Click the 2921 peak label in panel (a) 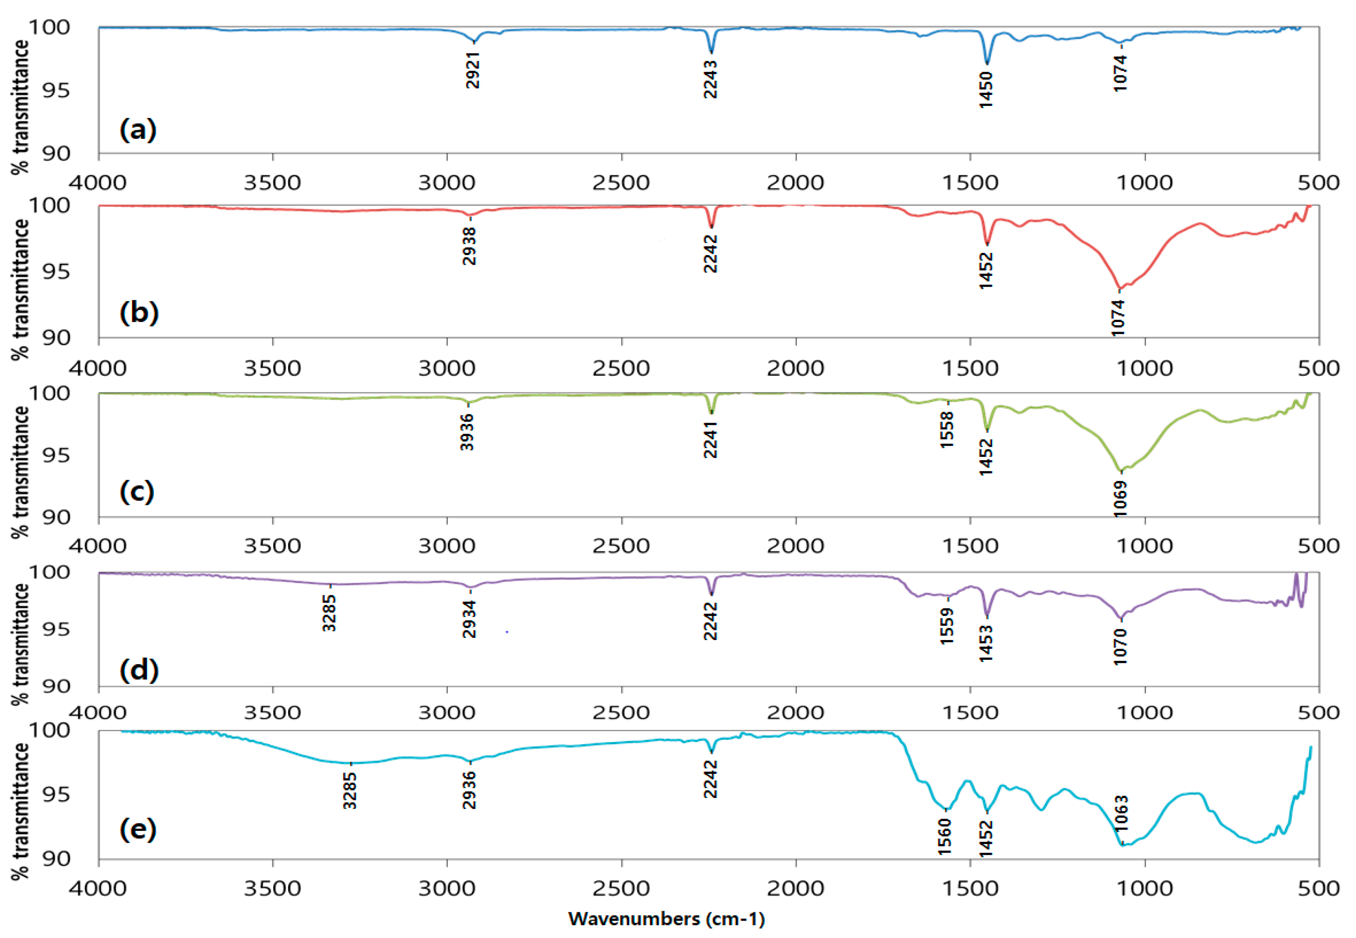(473, 70)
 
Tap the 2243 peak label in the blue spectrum (710, 79)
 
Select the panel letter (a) (138, 129)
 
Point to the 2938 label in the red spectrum (469, 246)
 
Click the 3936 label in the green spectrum (467, 432)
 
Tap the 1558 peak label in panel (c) (947, 430)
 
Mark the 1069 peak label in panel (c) (1120, 498)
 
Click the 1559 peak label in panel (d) (947, 626)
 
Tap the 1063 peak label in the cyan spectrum (1121, 813)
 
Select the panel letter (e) (138, 829)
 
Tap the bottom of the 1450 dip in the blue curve (986, 63)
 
